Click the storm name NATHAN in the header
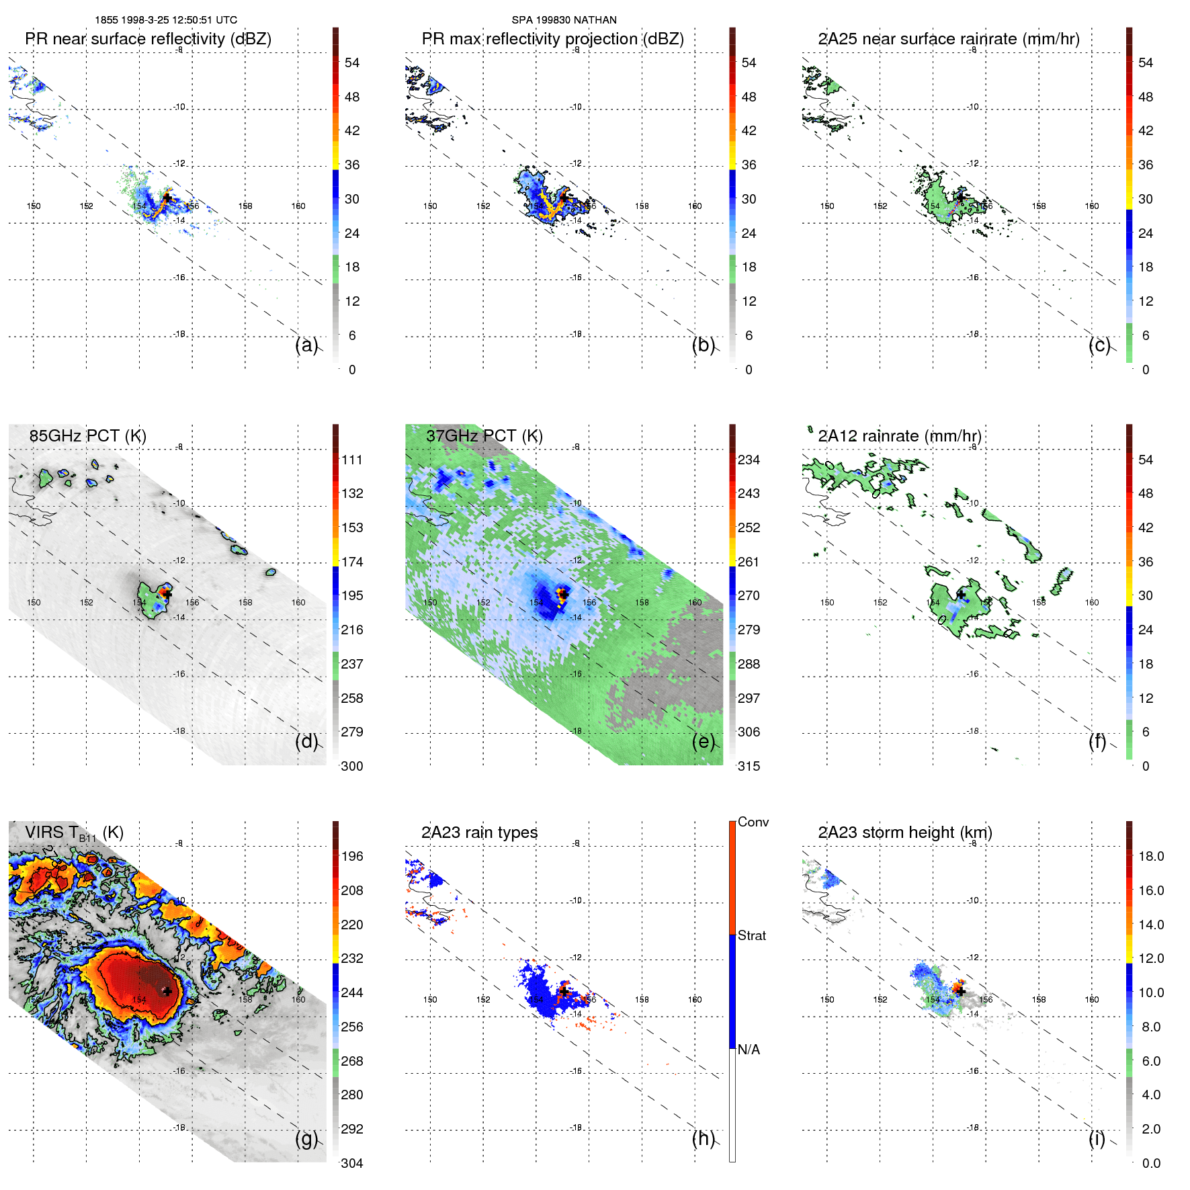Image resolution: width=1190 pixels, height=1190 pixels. click(x=595, y=20)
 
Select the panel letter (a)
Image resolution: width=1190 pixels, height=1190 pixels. click(x=306, y=345)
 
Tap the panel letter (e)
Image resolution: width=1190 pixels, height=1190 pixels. click(x=704, y=741)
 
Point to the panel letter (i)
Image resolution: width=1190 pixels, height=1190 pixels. click(x=1097, y=1138)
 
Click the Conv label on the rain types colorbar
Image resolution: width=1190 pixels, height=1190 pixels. click(x=753, y=822)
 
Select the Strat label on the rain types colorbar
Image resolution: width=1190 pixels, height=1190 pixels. click(x=752, y=935)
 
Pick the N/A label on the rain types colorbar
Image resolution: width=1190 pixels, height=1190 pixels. click(x=749, y=1050)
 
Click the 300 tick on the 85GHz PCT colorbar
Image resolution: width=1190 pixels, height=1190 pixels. click(x=352, y=766)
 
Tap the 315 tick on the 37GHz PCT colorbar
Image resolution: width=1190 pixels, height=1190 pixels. click(x=749, y=766)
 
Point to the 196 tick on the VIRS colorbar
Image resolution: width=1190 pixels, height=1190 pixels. click(x=352, y=856)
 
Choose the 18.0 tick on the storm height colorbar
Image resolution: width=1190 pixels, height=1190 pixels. click(x=1151, y=856)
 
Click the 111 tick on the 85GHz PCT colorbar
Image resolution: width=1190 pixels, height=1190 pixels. click(x=352, y=460)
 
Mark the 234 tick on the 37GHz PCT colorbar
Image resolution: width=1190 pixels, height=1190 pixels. click(x=749, y=460)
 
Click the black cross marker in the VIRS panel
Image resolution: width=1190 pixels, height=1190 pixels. click(x=167, y=991)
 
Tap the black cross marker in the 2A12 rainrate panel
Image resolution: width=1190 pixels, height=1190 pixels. click(x=961, y=595)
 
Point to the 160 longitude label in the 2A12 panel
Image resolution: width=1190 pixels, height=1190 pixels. click(x=1092, y=603)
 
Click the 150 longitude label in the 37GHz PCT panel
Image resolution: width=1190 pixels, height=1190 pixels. click(x=430, y=603)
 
